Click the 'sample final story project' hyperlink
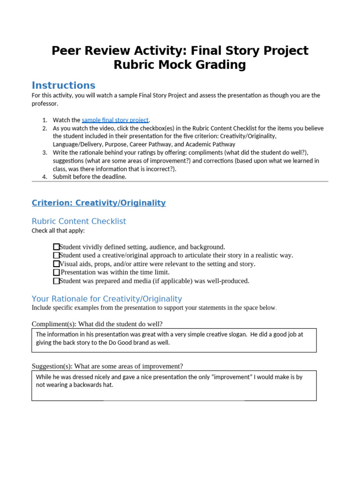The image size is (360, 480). coord(115,120)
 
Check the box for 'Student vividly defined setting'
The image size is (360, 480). coord(56,247)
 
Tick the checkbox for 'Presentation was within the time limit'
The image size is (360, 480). coord(56,272)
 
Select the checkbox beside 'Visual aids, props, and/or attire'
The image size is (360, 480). coord(56,264)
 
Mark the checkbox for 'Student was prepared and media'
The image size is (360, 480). coord(56,281)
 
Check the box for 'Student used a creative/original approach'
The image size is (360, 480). coord(56,255)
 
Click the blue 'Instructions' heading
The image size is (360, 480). coord(63,85)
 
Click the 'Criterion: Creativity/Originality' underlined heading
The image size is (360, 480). coord(98,203)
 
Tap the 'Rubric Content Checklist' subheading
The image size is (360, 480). coord(79,221)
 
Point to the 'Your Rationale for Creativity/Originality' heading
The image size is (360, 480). coord(106,299)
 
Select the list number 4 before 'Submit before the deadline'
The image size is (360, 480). coord(45,177)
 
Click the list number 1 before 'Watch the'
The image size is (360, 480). coord(45,120)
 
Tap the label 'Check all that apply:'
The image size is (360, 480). coord(58,231)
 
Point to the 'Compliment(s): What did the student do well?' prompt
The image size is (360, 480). coord(97,324)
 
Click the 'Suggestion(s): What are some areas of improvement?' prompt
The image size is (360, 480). coord(107,366)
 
